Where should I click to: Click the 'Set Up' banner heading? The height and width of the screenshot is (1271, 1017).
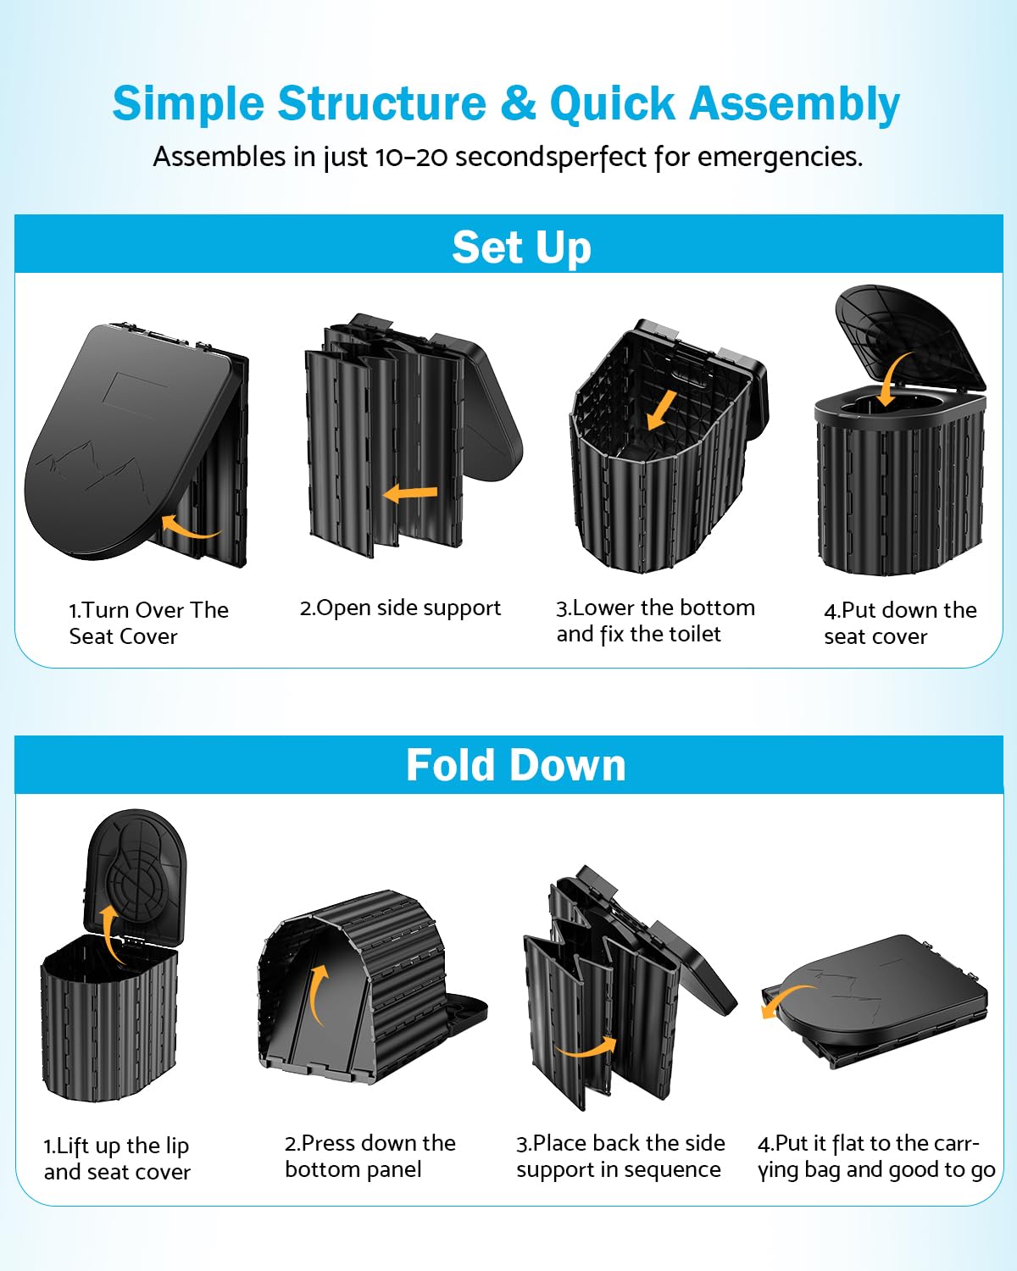(x=521, y=247)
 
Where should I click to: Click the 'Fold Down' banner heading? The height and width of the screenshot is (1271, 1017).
(x=515, y=765)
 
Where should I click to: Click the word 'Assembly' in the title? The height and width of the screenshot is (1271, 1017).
(x=794, y=104)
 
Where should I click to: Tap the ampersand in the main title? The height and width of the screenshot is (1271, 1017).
(x=518, y=104)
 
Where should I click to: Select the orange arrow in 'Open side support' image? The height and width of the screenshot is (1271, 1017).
(x=411, y=492)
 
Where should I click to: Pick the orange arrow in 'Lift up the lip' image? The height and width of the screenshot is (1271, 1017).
(x=109, y=933)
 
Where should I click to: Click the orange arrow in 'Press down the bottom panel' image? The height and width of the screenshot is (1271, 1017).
(x=317, y=996)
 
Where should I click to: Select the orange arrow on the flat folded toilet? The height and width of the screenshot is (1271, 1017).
(x=784, y=1000)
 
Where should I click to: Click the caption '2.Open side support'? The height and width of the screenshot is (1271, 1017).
(x=400, y=608)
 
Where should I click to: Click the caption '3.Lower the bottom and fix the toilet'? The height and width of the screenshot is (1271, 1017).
(x=654, y=621)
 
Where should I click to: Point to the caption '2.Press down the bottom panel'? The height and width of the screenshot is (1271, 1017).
(x=370, y=1156)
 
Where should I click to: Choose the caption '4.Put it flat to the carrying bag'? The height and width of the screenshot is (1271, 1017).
(x=875, y=1156)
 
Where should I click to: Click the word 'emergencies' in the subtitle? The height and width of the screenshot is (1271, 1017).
(x=776, y=157)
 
